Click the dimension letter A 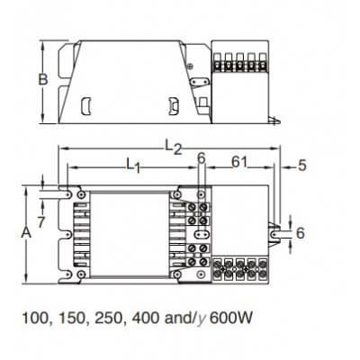coord(28,231)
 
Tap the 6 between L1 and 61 coord(201,160)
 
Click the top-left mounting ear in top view coord(64,193)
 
